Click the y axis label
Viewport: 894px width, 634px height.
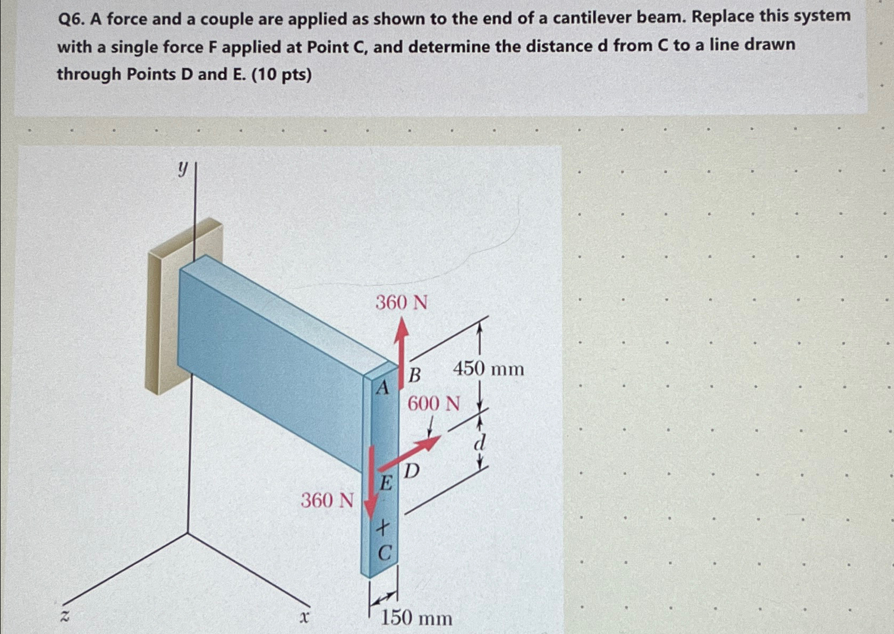point(182,169)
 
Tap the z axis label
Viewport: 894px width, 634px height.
point(64,616)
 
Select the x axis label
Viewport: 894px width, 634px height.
point(304,618)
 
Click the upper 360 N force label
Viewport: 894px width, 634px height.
point(401,303)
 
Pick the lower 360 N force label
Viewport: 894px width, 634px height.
point(327,500)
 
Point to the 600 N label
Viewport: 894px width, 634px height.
point(433,404)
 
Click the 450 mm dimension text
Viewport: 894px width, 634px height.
point(488,368)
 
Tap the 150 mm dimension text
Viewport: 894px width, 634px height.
point(416,619)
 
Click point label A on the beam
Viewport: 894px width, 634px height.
point(382,388)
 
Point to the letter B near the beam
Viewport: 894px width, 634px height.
point(414,375)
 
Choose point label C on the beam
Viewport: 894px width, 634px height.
point(384,553)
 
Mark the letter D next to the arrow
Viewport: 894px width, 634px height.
point(412,470)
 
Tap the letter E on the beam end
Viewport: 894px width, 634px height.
point(386,484)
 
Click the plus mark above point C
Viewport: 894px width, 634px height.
point(382,528)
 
